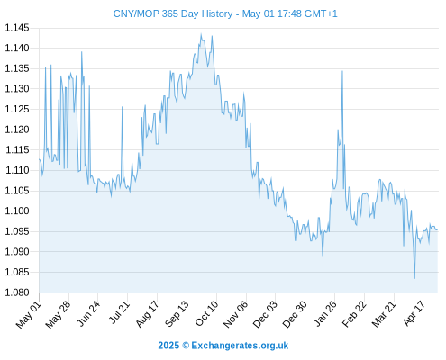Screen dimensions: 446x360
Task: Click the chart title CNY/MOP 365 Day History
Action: point(173,13)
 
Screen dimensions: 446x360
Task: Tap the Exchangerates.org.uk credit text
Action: point(240,346)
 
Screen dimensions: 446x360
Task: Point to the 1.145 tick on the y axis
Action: point(17,28)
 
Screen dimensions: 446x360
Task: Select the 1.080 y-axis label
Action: point(17,292)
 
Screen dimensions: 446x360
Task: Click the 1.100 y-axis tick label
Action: point(17,211)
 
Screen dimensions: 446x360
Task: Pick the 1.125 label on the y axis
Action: point(17,109)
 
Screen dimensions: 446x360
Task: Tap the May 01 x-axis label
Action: point(29,313)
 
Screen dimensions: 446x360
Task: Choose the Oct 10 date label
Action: point(206,313)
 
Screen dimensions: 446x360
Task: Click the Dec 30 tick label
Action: point(295,313)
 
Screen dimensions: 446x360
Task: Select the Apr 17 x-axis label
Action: point(414,313)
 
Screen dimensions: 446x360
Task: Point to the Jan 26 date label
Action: point(324,313)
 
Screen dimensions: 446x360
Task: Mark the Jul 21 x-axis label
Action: point(118,312)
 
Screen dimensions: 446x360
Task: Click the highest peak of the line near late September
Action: point(201,34)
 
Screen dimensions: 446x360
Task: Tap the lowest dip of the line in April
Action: point(414,278)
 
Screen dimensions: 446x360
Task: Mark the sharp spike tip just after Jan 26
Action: point(342,71)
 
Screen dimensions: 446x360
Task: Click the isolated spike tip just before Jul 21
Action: point(122,107)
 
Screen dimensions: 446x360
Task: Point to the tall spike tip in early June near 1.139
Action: point(81,52)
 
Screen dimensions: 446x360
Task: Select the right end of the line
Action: point(438,230)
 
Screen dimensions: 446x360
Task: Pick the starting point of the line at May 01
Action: point(39,159)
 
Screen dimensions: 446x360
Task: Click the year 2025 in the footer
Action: point(168,346)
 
